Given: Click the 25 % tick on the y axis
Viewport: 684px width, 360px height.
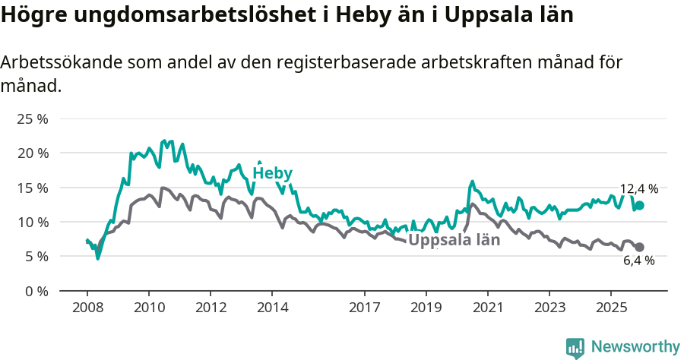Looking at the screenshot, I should click(x=33, y=118).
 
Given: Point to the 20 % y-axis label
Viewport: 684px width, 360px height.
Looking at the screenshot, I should click(x=33, y=153).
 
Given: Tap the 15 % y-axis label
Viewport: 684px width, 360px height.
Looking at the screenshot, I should click(x=33, y=188).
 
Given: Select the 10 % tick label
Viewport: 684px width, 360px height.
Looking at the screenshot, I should click(x=33, y=222).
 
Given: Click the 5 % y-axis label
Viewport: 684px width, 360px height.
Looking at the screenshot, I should click(x=36, y=256).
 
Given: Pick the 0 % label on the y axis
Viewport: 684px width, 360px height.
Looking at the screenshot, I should click(x=36, y=291).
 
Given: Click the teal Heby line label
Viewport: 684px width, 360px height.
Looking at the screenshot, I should click(x=272, y=173).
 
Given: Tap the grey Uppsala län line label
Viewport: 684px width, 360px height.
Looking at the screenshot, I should click(x=454, y=240).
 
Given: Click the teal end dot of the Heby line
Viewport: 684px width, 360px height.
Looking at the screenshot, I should click(x=639, y=205).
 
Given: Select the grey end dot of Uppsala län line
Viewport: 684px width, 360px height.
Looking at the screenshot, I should click(x=639, y=247).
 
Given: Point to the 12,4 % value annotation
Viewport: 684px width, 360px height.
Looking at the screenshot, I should click(x=638, y=189).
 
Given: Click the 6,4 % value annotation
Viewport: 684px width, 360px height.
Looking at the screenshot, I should click(x=638, y=261).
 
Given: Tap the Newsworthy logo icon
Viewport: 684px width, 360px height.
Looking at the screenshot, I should click(x=575, y=348).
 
